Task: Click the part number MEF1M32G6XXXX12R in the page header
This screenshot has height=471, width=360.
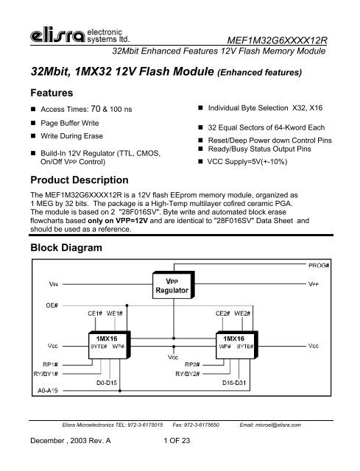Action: pos(294,38)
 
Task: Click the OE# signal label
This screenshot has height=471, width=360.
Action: pos(31,303)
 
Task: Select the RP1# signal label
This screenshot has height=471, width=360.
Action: pos(32,361)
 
